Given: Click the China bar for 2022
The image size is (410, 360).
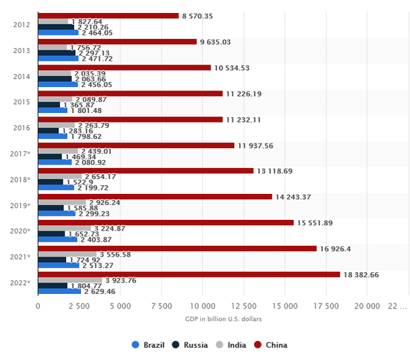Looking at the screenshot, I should pos(189,274).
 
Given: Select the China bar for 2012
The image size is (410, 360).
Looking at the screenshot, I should pos(108,16).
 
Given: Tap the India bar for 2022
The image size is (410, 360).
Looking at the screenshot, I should pos(69,280).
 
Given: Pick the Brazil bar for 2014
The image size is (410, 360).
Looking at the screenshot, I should pos(58,84).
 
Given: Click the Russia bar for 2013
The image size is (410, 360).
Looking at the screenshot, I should pos(57,53).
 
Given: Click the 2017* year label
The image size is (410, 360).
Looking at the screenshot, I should pos(20,153).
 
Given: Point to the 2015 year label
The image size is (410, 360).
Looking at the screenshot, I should pos(20,101).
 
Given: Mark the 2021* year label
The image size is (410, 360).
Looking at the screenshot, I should pos(20,257).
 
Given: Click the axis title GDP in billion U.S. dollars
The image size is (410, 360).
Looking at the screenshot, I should pos(223,318).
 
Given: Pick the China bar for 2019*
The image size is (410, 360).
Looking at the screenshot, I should pos(155,197).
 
